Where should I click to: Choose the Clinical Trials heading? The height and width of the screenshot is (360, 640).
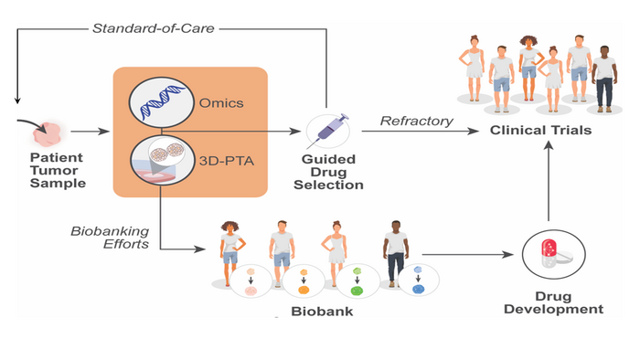pos(540,130)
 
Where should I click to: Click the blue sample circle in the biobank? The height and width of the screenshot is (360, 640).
pos(417,285)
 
